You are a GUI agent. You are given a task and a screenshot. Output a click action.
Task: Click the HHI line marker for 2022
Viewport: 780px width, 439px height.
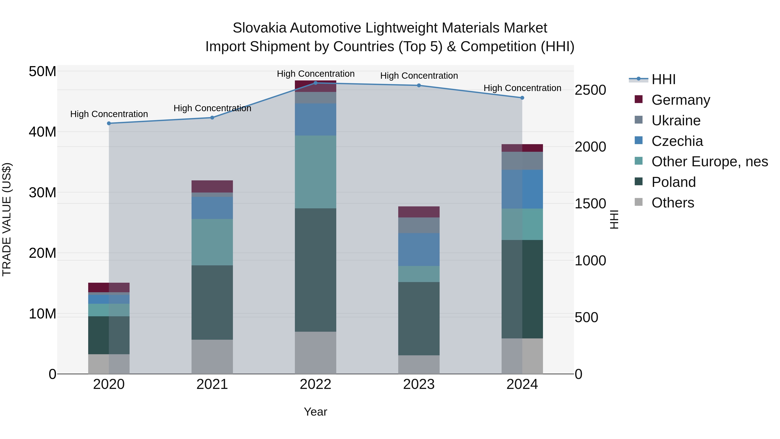[x=315, y=83]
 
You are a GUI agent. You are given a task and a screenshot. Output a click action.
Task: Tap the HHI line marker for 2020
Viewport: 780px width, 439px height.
[x=109, y=123]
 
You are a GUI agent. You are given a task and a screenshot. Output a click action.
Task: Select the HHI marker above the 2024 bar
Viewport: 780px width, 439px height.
[x=522, y=98]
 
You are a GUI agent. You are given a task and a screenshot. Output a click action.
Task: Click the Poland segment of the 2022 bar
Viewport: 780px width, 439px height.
[x=315, y=270]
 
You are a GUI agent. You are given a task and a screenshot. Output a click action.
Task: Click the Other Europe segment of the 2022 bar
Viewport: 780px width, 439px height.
[x=315, y=172]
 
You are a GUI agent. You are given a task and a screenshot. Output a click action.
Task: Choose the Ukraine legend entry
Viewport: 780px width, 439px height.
[x=676, y=121]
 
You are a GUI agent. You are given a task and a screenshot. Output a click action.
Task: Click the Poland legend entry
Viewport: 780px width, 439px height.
[x=673, y=182]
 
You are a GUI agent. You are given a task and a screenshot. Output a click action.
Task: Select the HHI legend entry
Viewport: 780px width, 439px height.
[x=663, y=79]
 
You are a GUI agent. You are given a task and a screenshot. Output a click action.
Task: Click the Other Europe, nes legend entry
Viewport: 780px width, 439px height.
[x=709, y=162]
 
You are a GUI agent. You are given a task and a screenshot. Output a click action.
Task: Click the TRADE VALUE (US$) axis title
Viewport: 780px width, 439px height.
[x=7, y=219]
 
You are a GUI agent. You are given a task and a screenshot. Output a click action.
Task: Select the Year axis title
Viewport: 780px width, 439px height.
[x=315, y=412]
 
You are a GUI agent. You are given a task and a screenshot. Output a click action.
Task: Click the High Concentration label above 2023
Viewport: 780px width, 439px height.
[x=419, y=76]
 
